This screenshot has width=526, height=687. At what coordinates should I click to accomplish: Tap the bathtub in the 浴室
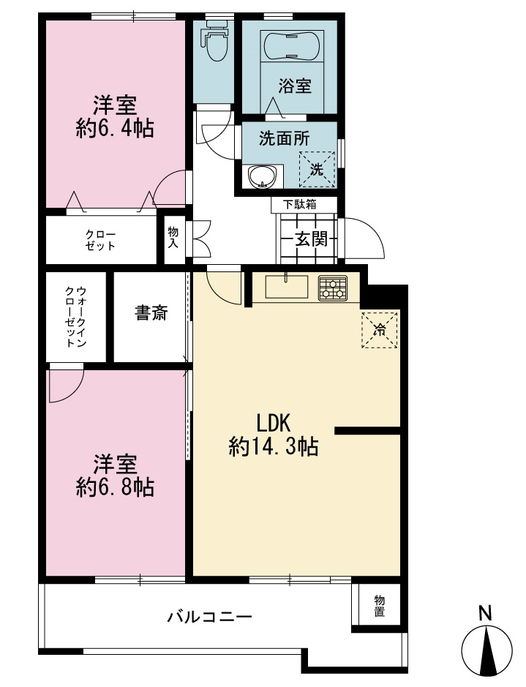click(x=292, y=46)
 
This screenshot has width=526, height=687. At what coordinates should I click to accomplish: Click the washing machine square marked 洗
click(x=317, y=170)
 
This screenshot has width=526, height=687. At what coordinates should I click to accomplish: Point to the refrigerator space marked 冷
click(x=380, y=330)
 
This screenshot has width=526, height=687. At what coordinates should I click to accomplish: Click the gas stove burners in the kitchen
click(x=332, y=288)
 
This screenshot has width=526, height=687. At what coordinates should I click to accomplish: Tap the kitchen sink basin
click(x=287, y=287)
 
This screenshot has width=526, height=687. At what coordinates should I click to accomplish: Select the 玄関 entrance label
click(x=311, y=239)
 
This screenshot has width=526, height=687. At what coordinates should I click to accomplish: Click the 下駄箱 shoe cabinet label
click(x=299, y=204)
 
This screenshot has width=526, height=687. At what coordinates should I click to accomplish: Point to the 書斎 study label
click(x=151, y=313)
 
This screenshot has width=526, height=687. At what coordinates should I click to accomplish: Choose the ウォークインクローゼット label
click(x=75, y=317)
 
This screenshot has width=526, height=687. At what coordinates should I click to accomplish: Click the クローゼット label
click(x=100, y=240)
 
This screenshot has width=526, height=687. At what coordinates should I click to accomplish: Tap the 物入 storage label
click(x=173, y=238)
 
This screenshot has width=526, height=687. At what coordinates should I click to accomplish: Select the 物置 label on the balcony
click(x=379, y=606)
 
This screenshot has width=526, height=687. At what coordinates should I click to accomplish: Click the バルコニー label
click(x=210, y=617)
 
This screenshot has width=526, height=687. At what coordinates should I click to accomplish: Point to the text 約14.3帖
click(x=274, y=447)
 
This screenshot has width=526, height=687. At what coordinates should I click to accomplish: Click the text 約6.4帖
click(x=115, y=129)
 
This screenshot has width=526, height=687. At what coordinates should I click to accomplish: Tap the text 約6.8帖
click(x=115, y=487)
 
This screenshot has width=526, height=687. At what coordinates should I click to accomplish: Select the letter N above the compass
click(x=485, y=613)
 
